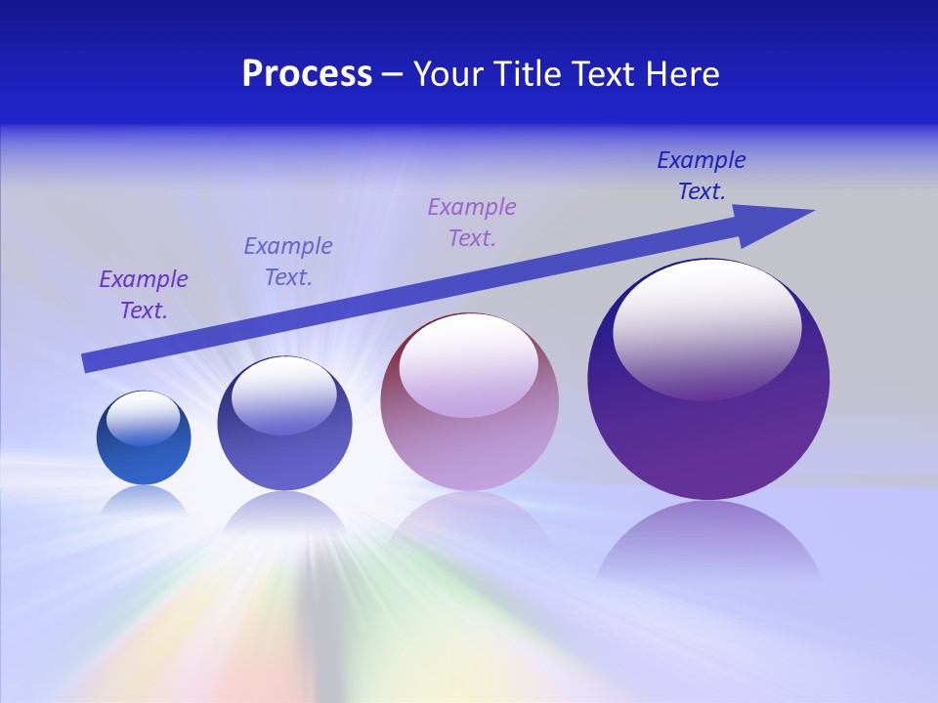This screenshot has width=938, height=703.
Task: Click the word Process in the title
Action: coord(307,74)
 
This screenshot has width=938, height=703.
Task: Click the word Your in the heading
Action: coord(447,74)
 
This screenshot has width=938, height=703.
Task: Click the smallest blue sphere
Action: coord(144,449)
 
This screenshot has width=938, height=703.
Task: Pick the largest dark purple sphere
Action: coord(708,430)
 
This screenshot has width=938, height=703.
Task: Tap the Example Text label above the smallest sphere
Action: coord(144,295)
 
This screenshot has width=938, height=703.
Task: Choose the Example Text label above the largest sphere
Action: coord(702,176)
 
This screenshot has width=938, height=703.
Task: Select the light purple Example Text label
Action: coord(472,222)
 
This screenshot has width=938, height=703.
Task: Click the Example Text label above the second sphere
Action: coord(288,262)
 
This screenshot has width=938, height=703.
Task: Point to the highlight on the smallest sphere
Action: coord(144,418)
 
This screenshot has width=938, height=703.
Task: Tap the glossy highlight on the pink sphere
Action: coord(469,363)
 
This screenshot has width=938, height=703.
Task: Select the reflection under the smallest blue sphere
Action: coord(144,501)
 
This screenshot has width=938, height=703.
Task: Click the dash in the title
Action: coord(393,74)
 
